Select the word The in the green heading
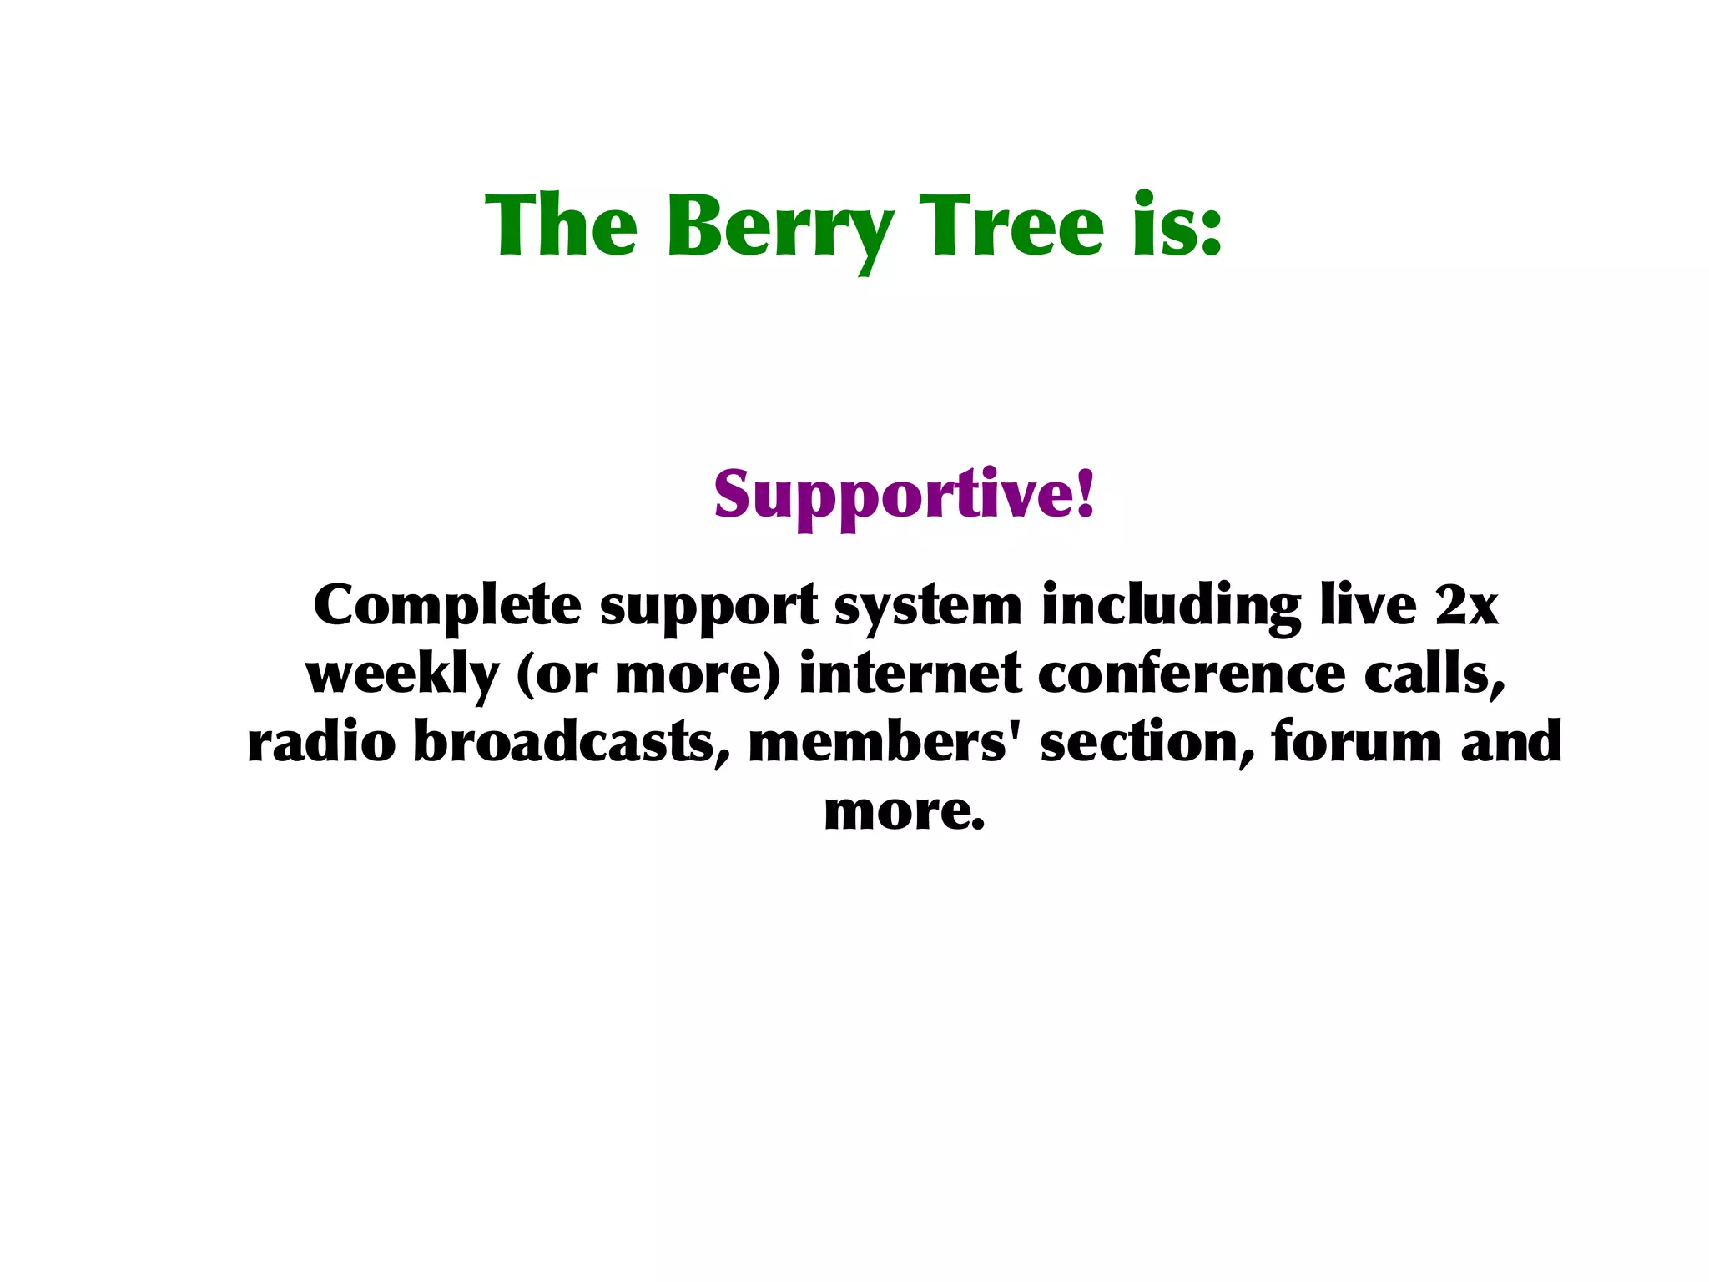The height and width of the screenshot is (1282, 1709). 561,225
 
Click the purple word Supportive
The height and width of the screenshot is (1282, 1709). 893,496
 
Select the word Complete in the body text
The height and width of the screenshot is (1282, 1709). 446,606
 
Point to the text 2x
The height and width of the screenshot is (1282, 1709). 1466,606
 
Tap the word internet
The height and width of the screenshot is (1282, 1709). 910,674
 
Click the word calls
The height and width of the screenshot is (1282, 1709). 1434,674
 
